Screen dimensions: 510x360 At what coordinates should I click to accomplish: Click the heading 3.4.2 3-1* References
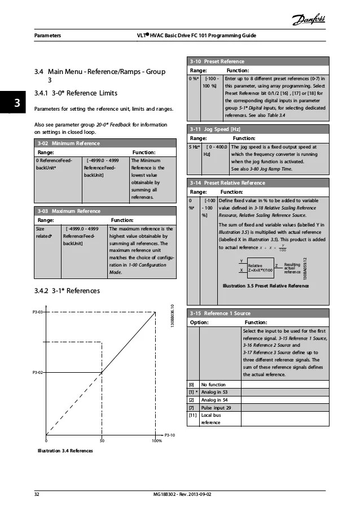coord(67,291)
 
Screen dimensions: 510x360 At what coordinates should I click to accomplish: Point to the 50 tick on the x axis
coord(102,441)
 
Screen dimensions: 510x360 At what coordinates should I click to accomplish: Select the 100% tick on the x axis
coord(156,441)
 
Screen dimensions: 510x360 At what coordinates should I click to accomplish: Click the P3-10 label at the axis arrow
coord(170,434)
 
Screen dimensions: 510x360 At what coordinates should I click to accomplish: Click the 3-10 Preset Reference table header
coord(217,61)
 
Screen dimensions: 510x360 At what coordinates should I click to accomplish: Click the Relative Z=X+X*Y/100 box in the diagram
coord(260,267)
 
